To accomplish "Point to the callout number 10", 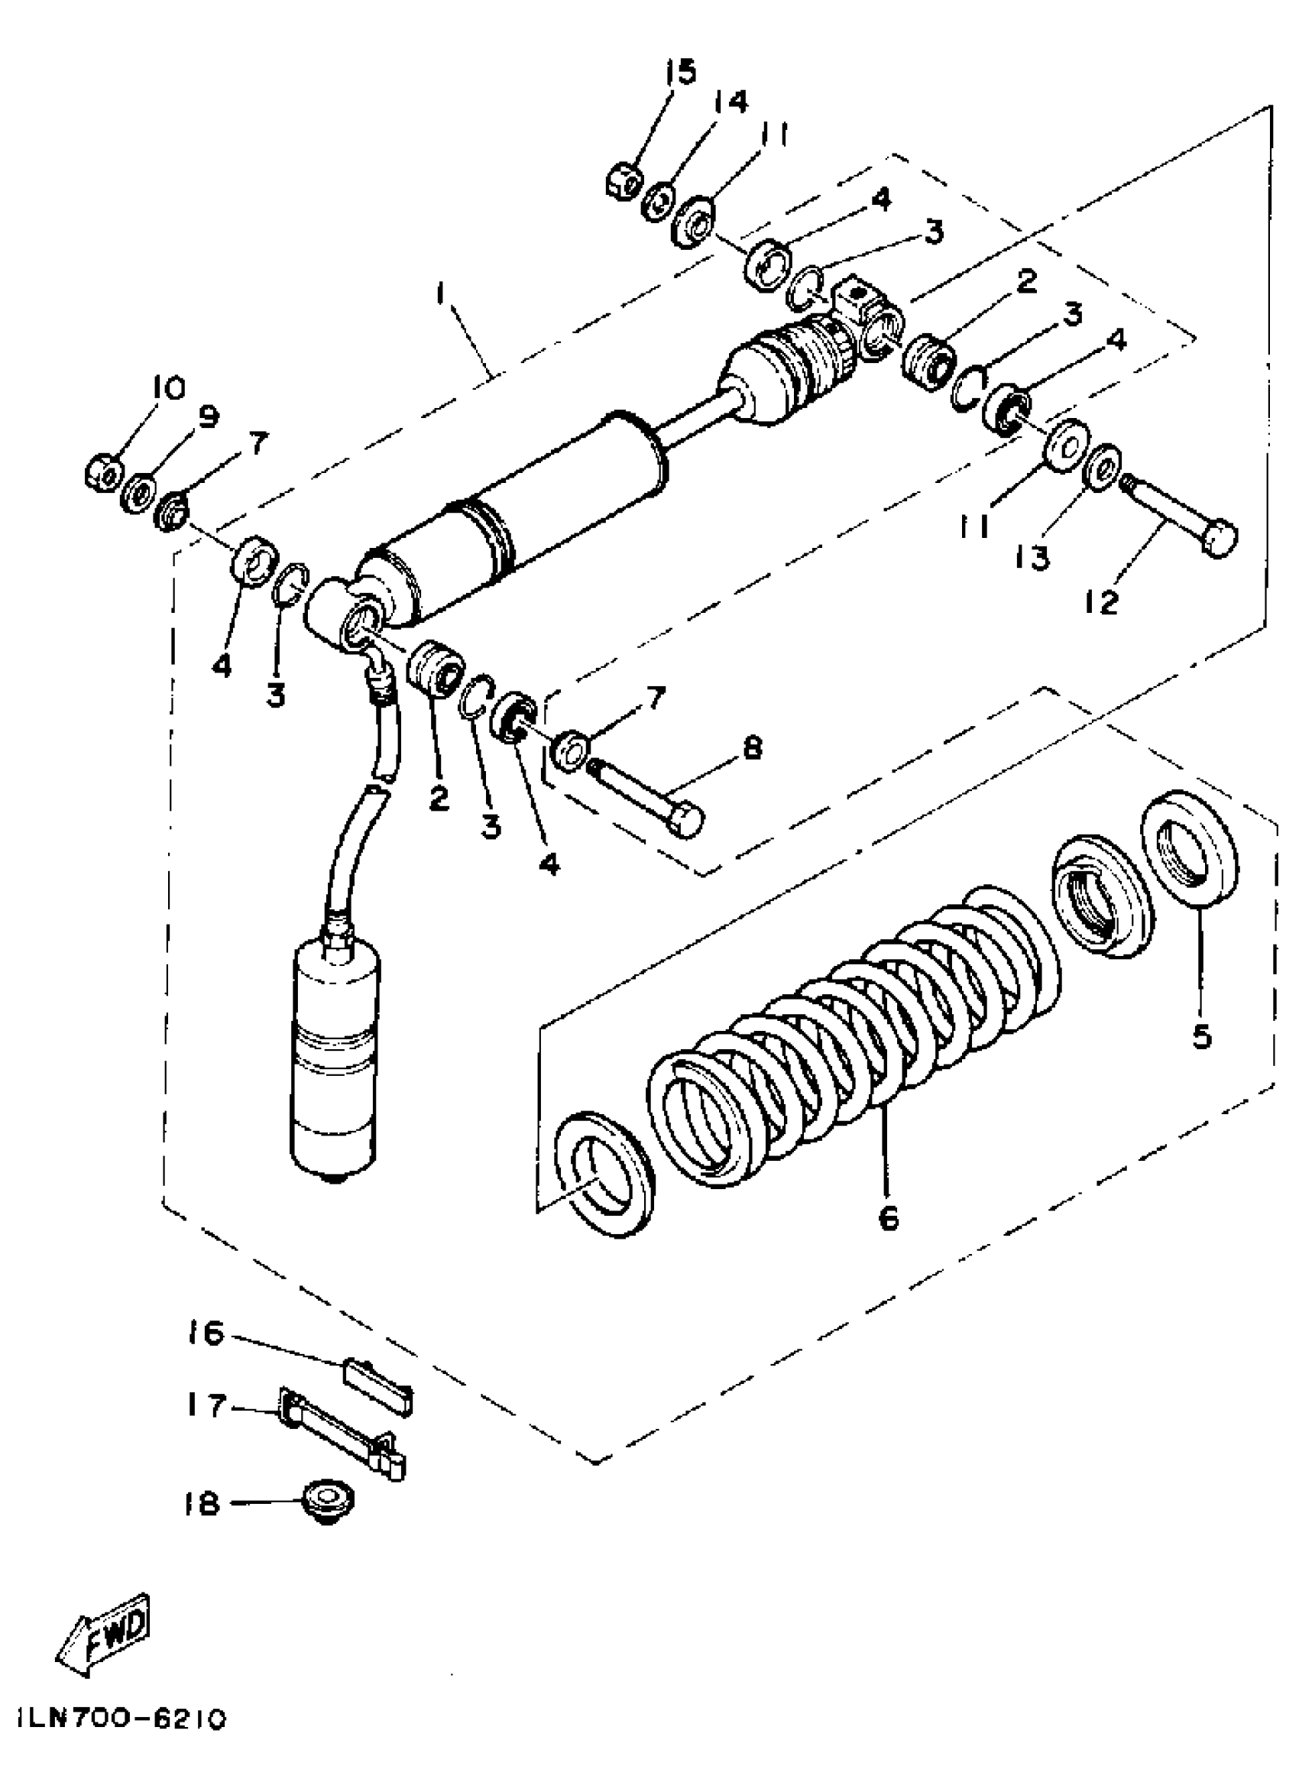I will click(x=167, y=388).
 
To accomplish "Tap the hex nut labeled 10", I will click(x=102, y=473).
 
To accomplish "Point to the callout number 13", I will click(x=1033, y=558).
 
